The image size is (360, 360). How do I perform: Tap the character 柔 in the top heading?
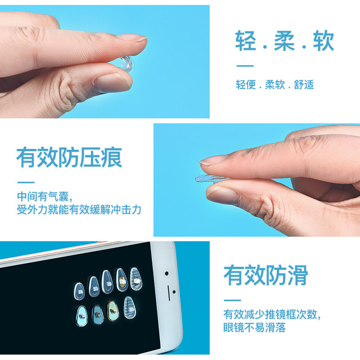tap(285, 42)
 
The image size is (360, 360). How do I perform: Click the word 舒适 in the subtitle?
tap(304, 85)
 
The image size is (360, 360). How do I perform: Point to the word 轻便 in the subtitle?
tap(246, 85)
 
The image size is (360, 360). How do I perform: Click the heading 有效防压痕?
tap(69, 158)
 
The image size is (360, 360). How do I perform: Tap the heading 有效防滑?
tap(265, 275)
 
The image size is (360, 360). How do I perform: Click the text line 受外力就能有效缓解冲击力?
tap(79, 210)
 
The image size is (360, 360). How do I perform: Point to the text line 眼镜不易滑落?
tap(256, 327)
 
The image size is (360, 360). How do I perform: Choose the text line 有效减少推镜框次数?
tap(272, 314)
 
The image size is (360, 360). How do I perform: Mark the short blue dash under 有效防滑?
tap(232, 299)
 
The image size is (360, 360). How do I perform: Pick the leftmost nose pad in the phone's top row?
tap(79, 285)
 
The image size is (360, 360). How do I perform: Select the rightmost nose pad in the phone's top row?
tap(136, 276)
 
